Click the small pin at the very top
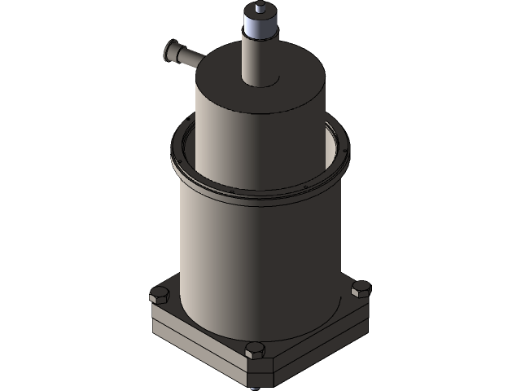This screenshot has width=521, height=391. [260, 8]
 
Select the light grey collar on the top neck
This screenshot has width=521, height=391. [260, 28]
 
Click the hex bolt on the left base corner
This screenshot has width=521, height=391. [159, 296]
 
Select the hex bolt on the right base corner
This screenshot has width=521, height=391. [361, 288]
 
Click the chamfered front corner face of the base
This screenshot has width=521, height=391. [259, 371]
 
